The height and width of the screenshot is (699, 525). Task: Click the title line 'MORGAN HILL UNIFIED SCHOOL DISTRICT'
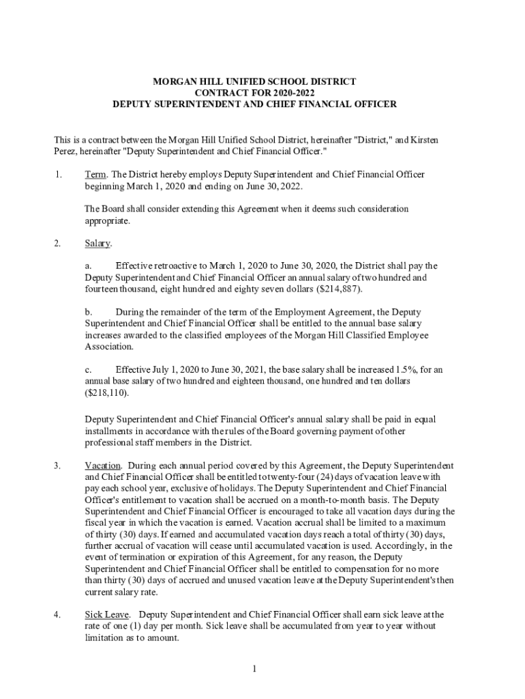(x=254, y=81)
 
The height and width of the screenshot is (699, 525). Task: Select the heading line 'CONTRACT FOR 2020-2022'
(x=254, y=93)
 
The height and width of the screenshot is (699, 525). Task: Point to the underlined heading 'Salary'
(x=97, y=243)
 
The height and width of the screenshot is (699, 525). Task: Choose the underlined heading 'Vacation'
(x=103, y=466)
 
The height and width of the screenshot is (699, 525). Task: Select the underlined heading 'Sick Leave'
(x=107, y=614)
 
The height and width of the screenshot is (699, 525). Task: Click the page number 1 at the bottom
(x=254, y=669)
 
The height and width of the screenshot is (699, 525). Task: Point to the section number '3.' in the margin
(x=58, y=466)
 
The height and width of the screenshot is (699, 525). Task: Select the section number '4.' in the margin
(x=58, y=614)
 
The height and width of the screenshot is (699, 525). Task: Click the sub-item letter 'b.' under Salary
(x=89, y=312)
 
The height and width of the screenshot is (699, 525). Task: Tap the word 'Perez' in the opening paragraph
(x=65, y=151)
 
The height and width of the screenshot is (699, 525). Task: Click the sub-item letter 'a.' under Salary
(x=89, y=266)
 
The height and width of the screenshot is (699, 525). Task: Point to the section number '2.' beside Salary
(x=58, y=243)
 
